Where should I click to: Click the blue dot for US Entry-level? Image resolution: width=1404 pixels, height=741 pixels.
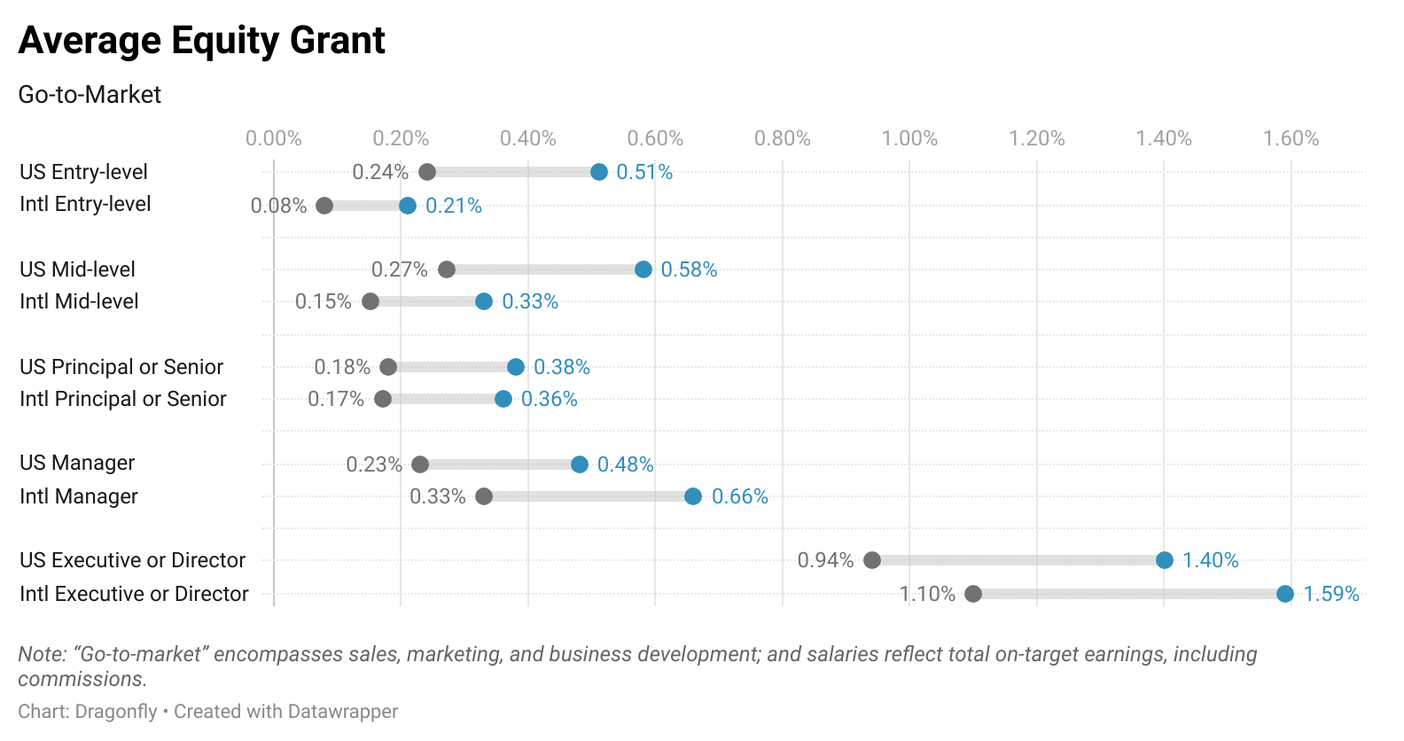pos(599,172)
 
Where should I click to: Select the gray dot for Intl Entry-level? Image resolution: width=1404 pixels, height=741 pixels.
pos(324,206)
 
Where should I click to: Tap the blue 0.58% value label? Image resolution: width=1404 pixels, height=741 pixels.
pos(689,269)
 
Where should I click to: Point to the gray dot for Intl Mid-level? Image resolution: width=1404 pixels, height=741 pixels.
pos(370,301)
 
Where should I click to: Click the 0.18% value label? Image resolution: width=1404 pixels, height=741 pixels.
pos(342,367)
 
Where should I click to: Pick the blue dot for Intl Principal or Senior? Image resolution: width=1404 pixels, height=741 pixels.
pos(503,399)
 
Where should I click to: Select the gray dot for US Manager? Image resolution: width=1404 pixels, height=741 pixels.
pos(420,464)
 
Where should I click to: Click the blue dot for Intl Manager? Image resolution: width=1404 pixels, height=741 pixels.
pos(693,496)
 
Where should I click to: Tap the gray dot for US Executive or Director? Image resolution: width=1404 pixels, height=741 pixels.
pos(872,560)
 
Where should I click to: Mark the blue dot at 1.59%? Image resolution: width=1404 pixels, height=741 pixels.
pos(1285,594)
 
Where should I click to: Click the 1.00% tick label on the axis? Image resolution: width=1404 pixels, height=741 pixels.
pos(909,138)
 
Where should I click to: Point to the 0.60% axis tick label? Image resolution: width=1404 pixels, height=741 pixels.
pos(655,138)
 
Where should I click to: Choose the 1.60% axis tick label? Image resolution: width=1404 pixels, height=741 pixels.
pos(1291,138)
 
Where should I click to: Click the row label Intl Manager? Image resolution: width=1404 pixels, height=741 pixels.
pos(79,496)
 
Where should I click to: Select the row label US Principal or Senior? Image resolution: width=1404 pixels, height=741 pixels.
pos(121,367)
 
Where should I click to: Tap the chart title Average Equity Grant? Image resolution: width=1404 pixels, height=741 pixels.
pos(202,41)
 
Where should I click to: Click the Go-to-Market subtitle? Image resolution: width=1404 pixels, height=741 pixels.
pos(90,95)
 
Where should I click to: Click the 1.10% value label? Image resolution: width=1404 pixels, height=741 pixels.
pos(927,594)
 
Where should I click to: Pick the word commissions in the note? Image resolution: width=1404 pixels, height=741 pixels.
pos(81,680)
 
